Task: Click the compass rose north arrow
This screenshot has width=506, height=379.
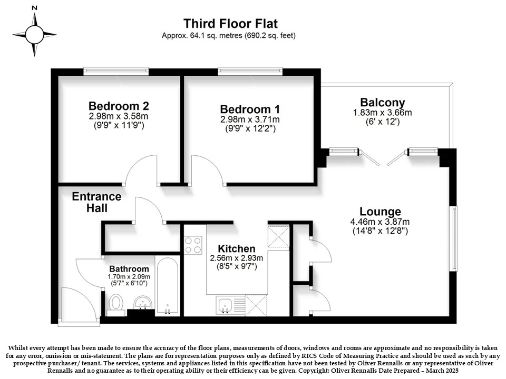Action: (x=35, y=19)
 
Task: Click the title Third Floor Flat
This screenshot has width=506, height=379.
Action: (x=230, y=24)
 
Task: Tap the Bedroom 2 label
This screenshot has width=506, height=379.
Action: (x=119, y=106)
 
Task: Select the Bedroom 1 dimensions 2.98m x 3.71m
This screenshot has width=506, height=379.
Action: (x=250, y=119)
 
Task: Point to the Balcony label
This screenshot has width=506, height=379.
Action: (x=383, y=103)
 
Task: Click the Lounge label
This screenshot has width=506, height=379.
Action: (x=380, y=212)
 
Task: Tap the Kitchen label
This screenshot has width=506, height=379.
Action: (x=237, y=249)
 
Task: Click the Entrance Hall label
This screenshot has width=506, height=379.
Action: (x=96, y=202)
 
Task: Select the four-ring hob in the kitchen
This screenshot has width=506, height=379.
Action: (x=193, y=245)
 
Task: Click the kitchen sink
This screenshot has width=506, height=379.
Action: (x=225, y=305)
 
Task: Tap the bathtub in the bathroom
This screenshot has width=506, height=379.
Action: (x=167, y=285)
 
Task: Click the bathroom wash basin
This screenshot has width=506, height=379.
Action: (x=143, y=302)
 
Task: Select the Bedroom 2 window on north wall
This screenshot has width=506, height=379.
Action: (x=116, y=71)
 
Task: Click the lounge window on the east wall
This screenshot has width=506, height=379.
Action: (x=454, y=238)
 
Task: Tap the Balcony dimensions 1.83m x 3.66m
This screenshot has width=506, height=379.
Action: (x=383, y=113)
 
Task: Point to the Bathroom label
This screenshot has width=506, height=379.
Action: (x=129, y=269)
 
